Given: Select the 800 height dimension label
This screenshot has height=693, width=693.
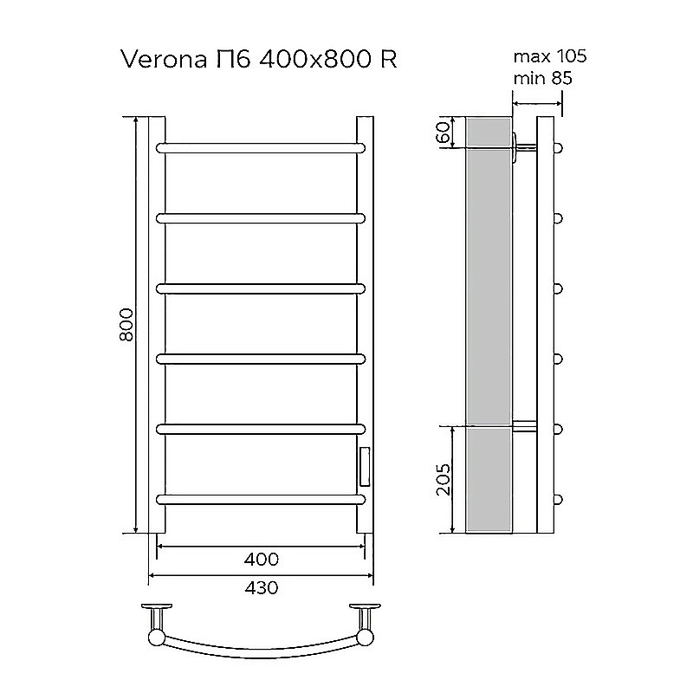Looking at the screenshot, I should [x=126, y=325].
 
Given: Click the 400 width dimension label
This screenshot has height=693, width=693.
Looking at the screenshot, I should [x=261, y=559].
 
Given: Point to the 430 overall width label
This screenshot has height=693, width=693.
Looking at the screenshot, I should [x=261, y=587].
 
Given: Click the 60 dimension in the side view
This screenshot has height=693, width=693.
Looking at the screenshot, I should [x=443, y=132].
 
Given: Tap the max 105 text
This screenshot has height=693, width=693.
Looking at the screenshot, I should [x=550, y=57].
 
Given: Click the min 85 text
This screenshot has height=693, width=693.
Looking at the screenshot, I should [x=543, y=78].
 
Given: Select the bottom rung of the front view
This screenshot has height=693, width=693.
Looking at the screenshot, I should [x=260, y=498].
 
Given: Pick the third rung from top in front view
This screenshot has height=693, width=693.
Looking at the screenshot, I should [x=260, y=288].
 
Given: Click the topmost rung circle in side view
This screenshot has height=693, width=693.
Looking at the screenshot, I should [x=559, y=147].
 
